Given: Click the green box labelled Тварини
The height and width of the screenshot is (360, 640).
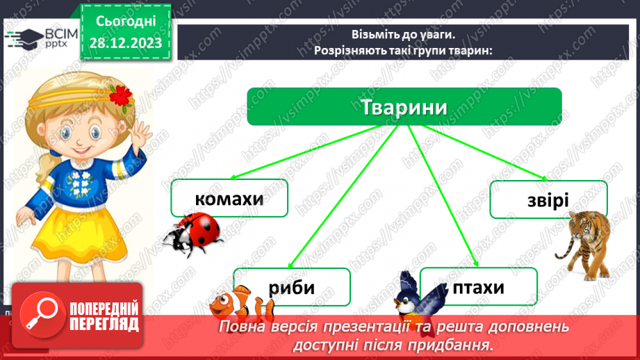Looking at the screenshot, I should pyautogui.click(x=404, y=107).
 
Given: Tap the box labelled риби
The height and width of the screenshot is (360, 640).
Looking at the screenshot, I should pyautogui.click(x=291, y=286).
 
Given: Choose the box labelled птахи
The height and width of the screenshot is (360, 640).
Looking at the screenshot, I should pyautogui.click(x=479, y=286).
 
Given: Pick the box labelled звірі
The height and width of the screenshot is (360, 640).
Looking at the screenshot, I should pyautogui.click(x=548, y=199).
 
